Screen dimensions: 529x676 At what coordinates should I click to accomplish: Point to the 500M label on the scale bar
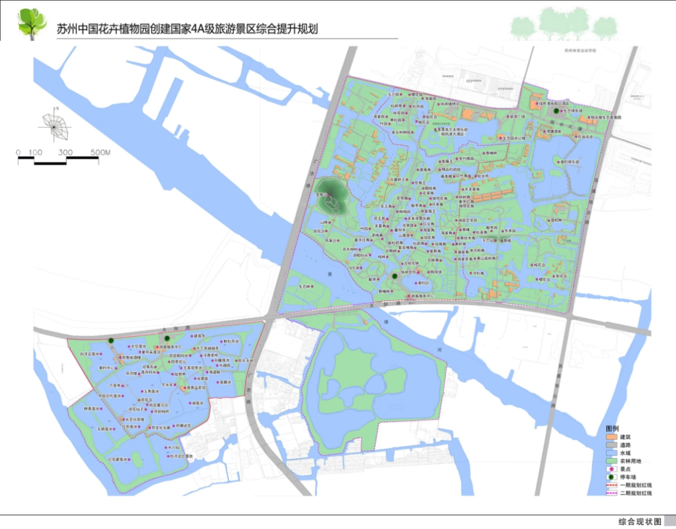(100, 152)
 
